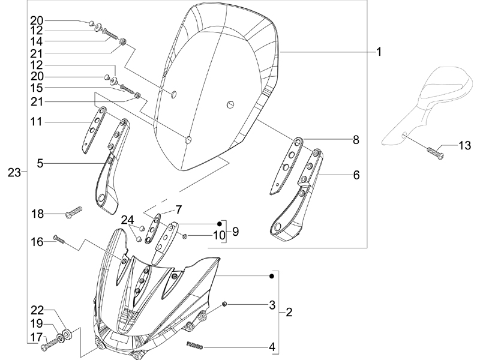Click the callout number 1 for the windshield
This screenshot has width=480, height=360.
379,52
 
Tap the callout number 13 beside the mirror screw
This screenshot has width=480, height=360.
465,145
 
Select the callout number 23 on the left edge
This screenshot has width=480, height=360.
14,173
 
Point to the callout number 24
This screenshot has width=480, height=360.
127,220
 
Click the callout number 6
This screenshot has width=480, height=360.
356,175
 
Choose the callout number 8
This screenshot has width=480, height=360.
356,140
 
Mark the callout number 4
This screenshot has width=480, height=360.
272,347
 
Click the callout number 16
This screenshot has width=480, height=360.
37,242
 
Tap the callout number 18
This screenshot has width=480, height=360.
37,214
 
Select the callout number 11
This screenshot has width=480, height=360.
36,122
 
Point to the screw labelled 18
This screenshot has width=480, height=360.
74,212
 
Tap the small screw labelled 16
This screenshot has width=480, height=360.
59,239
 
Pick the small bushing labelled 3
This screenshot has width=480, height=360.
224,304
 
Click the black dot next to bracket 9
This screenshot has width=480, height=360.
219,224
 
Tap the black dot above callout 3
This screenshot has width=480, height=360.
272,276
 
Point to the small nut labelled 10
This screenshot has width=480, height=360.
185,236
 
